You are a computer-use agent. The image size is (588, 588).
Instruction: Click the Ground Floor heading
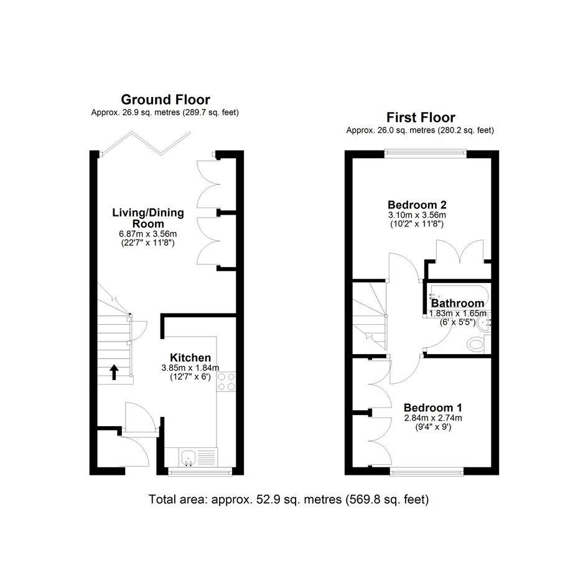click(x=166, y=100)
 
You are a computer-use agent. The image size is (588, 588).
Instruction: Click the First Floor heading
click(x=421, y=118)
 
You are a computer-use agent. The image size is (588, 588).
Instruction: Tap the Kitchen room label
click(x=190, y=357)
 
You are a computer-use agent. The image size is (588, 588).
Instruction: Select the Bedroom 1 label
click(x=433, y=408)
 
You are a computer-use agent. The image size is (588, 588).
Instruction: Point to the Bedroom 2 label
click(x=417, y=205)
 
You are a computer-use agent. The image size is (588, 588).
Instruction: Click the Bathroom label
click(x=457, y=303)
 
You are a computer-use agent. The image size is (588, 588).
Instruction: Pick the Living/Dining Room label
click(x=148, y=218)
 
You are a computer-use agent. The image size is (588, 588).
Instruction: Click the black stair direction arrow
click(x=114, y=372)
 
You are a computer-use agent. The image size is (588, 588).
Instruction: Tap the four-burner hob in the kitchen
click(x=226, y=382)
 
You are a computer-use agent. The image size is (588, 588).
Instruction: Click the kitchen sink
click(x=189, y=457)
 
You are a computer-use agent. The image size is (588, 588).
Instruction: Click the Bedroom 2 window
click(x=425, y=152)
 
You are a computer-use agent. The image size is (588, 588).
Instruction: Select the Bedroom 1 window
click(x=427, y=472)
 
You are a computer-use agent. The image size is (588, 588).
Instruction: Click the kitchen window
click(x=200, y=472)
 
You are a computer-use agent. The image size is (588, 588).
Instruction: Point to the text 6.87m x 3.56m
click(x=147, y=234)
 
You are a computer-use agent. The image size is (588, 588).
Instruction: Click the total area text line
click(x=289, y=500)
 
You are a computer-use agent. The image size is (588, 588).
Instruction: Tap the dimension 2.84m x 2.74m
click(x=433, y=418)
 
